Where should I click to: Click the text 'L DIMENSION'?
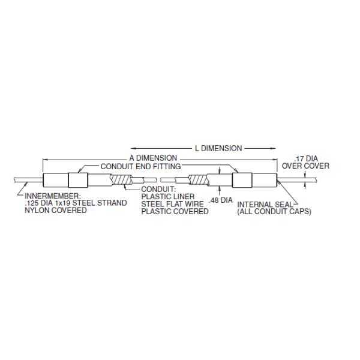click(218, 148)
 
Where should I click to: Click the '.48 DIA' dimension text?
click(221, 200)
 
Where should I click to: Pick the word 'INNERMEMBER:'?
click(50, 196)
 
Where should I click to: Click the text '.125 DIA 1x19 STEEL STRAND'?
click(73, 203)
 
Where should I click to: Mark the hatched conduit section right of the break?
click(197, 180)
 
